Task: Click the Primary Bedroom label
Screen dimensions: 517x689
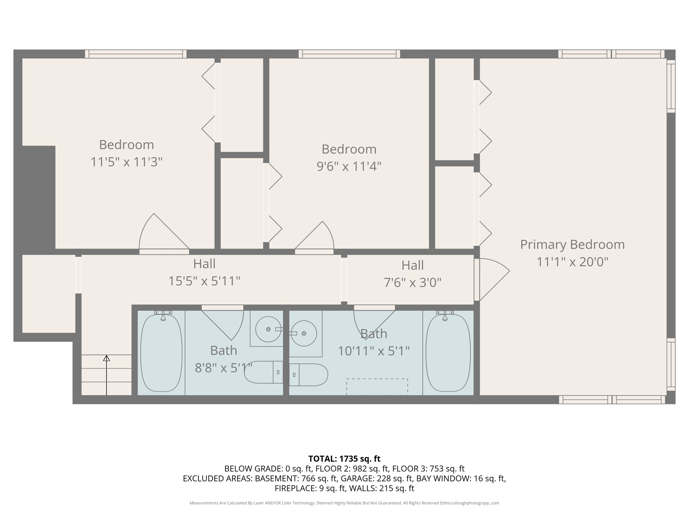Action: (x=572, y=245)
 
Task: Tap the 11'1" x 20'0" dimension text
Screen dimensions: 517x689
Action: (x=572, y=262)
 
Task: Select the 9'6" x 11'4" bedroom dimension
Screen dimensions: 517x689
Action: (x=349, y=166)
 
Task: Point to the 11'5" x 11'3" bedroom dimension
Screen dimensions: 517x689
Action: (x=126, y=162)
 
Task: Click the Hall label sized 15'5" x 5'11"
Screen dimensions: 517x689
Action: (x=204, y=264)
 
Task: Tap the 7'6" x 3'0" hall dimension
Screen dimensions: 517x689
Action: (x=412, y=282)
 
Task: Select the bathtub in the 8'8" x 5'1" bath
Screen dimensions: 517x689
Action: (x=161, y=353)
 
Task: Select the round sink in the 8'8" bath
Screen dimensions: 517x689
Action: (x=268, y=329)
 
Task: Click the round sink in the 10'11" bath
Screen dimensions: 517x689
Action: (x=304, y=333)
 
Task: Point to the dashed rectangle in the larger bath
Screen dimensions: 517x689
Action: (x=377, y=387)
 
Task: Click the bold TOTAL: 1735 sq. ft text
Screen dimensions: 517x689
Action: (x=344, y=459)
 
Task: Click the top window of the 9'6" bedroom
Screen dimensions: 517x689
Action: (x=349, y=54)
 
